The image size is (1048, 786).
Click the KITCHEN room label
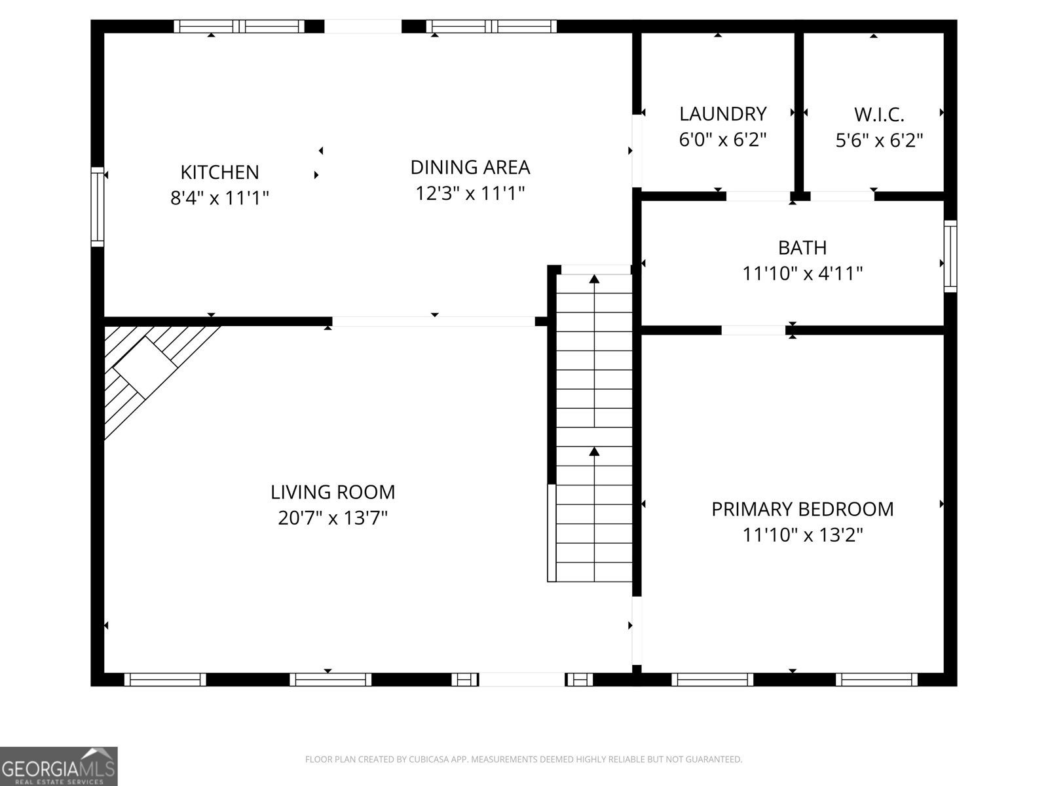[x=219, y=172]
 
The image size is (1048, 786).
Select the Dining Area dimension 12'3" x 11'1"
[x=470, y=194]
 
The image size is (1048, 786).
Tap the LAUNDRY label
[x=722, y=114]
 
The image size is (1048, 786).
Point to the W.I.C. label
[x=879, y=115]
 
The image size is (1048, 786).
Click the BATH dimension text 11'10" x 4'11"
[x=802, y=274]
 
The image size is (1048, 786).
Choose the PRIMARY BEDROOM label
[x=802, y=509]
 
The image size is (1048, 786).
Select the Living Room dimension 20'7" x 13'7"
[x=333, y=518]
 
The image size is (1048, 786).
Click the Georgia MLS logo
[x=58, y=766]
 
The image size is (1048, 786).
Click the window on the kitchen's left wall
[x=97, y=207]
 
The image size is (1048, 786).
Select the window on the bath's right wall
[x=950, y=256]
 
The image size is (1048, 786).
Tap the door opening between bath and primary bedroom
[x=753, y=330]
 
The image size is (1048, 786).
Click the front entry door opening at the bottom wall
[x=522, y=680]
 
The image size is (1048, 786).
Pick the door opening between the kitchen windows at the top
[x=363, y=26]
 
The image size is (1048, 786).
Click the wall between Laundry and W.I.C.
[x=798, y=111]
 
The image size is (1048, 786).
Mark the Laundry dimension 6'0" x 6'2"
[x=722, y=140]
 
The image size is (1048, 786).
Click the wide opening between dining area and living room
[x=434, y=322]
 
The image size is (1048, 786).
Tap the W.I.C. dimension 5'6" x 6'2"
[x=879, y=141]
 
